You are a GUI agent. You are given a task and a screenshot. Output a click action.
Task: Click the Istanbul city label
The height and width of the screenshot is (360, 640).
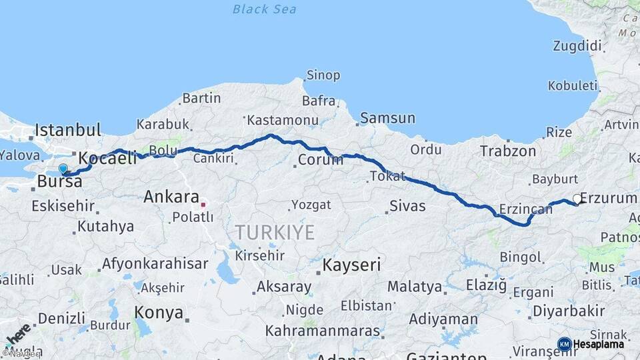(68, 129)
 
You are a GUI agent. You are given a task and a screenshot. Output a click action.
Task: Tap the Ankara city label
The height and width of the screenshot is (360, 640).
(171, 197)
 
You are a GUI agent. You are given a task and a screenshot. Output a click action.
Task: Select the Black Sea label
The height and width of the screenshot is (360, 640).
(265, 9)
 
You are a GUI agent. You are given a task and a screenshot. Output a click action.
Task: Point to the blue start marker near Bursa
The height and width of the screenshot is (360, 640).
(63, 169)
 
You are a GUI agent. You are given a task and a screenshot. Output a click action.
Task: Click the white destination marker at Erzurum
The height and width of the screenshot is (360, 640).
(577, 199)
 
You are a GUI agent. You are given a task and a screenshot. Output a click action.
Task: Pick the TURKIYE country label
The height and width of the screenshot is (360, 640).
(274, 233)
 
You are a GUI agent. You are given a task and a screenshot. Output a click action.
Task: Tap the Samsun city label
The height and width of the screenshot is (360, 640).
(387, 119)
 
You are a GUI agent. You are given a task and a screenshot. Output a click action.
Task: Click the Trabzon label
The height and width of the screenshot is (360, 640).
(508, 151)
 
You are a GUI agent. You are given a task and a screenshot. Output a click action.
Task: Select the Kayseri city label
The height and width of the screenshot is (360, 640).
(351, 265)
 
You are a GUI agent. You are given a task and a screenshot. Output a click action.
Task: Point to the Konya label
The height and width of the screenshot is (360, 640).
(159, 312)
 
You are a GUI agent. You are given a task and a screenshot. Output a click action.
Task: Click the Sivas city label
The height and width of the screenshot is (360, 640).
(407, 205)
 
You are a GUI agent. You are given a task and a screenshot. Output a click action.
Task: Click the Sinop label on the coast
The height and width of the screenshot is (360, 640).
(323, 75)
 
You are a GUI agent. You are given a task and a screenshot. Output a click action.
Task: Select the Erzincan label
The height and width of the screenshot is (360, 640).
(526, 209)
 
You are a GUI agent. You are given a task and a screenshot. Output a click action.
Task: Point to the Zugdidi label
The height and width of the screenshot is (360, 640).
(577, 46)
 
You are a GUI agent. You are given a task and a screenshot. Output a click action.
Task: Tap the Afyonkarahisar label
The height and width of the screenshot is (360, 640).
(155, 263)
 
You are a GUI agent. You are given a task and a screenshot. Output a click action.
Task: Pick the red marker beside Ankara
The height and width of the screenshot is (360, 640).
(204, 204)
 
